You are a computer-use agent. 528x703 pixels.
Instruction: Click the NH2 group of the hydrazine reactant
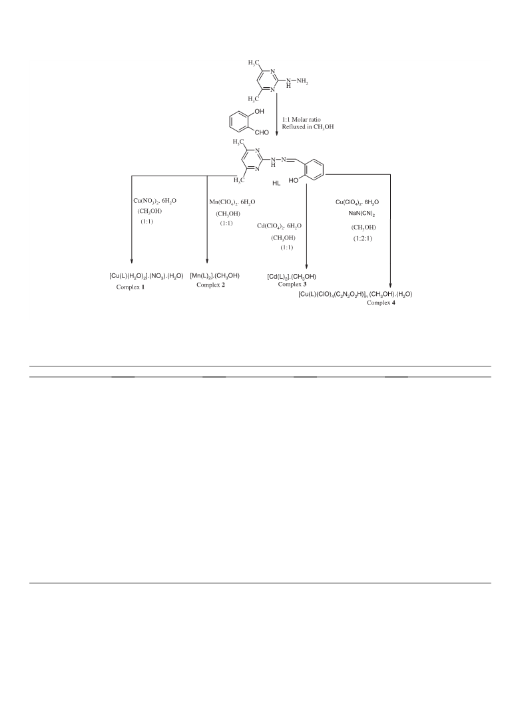point(302,81)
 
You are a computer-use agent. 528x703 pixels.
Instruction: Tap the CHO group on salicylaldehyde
point(261,132)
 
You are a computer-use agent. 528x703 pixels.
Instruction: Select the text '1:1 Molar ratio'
point(301,120)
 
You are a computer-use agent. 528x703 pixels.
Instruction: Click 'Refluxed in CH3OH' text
point(308,127)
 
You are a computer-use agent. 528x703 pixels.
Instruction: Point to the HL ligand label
point(276,184)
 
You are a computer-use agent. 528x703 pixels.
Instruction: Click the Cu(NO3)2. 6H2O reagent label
point(155,201)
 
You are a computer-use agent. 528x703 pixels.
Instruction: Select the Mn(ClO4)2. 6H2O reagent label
point(232,202)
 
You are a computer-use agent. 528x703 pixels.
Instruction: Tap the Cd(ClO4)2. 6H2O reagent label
point(279,226)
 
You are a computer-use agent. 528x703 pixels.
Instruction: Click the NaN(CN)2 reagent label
point(362,213)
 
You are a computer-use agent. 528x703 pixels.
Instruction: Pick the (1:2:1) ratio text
point(362,238)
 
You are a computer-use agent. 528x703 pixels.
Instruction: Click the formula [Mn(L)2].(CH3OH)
point(214,276)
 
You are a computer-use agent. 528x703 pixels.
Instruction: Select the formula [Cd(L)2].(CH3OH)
point(292,277)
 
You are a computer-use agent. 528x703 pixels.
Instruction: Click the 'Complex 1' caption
point(131,287)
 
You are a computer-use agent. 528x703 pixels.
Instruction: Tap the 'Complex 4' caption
point(381,303)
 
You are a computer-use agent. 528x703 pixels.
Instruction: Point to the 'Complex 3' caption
point(292,284)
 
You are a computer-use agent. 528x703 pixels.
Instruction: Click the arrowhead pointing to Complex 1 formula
point(132,261)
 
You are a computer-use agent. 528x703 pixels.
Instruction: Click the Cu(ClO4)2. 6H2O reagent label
point(358,202)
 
